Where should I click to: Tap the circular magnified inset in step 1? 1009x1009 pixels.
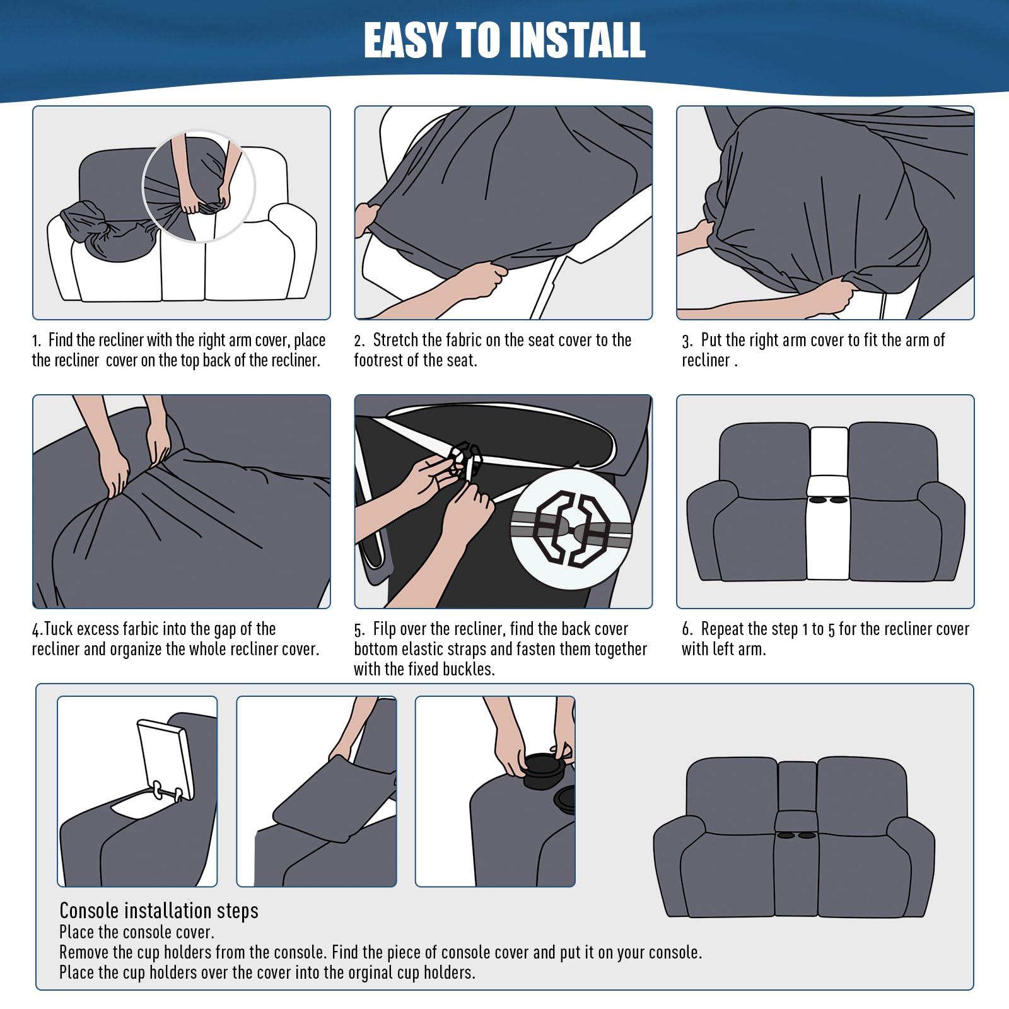(199, 186)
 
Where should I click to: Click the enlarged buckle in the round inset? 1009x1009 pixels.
(571, 528)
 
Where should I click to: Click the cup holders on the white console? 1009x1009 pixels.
(828, 500)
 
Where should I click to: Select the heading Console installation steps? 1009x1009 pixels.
(159, 911)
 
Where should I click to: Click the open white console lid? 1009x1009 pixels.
(165, 757)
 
